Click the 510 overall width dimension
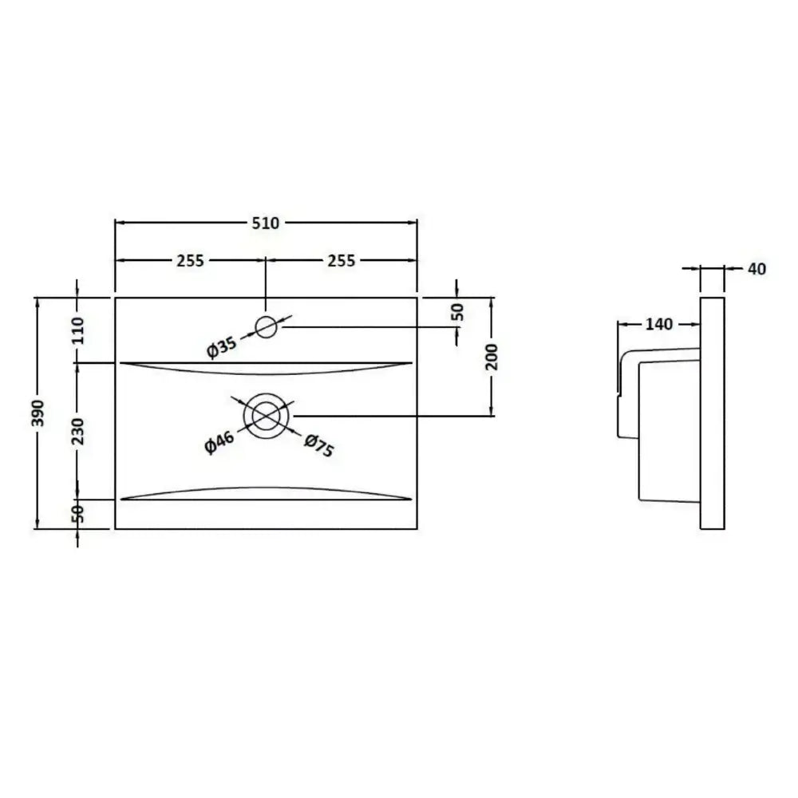pyautogui.click(x=266, y=223)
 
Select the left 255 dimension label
pyautogui.click(x=191, y=261)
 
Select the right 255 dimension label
pyautogui.click(x=341, y=261)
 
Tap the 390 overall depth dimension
pyautogui.click(x=38, y=413)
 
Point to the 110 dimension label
pyautogui.click(x=77, y=330)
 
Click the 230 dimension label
pyautogui.click(x=77, y=431)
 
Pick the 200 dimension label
pyautogui.click(x=492, y=357)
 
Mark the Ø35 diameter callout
pyautogui.click(x=221, y=347)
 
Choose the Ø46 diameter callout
pyautogui.click(x=219, y=442)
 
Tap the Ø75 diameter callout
pyautogui.click(x=319, y=445)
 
